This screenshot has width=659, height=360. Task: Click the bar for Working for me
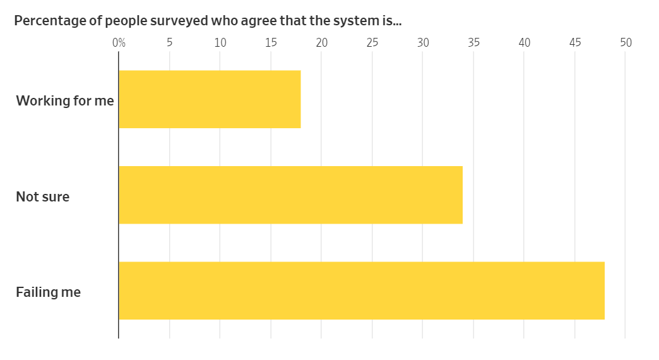point(210,99)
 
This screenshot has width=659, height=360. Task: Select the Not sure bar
point(290,195)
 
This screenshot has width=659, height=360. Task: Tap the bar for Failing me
point(361,291)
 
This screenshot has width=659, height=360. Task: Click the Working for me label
point(65,100)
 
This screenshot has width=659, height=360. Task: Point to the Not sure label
point(43,196)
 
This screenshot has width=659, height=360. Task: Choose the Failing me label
point(49,292)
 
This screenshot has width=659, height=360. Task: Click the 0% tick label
point(119,43)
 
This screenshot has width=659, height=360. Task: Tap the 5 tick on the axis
point(170,43)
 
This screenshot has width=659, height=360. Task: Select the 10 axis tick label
point(220,43)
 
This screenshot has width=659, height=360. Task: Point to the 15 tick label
point(271,43)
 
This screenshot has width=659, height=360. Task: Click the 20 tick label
point(321,43)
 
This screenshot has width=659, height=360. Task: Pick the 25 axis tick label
point(372,43)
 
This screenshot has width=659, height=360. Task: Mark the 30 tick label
point(423,43)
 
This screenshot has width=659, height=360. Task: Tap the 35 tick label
point(473,43)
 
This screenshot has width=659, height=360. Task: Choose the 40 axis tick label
point(524,43)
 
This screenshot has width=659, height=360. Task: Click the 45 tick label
point(575,43)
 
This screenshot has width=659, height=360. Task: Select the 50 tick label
point(626,43)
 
